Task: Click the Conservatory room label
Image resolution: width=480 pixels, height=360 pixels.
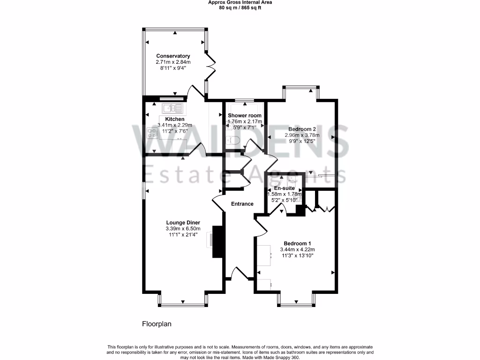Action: click(173, 56)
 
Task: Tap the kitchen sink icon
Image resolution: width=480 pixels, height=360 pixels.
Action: click(173, 109)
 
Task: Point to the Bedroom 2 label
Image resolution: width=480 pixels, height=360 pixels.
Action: click(302, 129)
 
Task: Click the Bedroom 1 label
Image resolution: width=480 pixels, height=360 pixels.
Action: click(298, 243)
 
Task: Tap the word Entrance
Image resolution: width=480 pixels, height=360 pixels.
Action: click(242, 204)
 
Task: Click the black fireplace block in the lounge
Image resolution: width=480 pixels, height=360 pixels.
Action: click(217, 241)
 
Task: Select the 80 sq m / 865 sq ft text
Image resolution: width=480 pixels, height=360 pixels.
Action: click(240, 7)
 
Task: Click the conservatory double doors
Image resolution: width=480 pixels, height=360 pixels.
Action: click(211, 68)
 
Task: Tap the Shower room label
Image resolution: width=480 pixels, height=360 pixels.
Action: click(244, 115)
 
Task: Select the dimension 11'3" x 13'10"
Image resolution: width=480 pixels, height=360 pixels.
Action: click(298, 255)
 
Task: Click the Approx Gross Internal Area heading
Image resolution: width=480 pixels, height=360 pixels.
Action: click(240, 2)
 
